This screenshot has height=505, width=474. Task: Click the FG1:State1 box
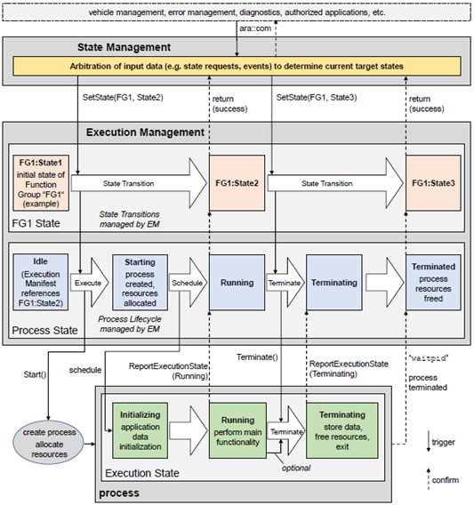click(41, 183)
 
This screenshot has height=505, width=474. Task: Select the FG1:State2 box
click(237, 183)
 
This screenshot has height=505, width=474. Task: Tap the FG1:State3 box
click(433, 183)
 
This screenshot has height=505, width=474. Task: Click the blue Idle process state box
click(41, 282)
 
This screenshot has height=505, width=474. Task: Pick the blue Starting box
click(140, 283)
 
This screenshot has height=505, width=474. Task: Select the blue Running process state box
click(237, 283)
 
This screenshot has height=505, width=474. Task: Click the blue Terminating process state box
click(334, 283)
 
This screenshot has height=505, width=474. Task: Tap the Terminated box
click(433, 283)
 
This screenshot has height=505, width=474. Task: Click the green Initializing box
click(140, 430)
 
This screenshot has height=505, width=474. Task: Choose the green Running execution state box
click(237, 430)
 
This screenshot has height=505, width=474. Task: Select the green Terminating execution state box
click(342, 430)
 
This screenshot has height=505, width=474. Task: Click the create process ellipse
click(49, 443)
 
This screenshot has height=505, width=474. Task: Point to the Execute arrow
click(90, 283)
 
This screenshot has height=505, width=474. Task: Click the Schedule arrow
click(189, 283)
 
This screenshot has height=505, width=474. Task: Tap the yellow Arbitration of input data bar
click(237, 67)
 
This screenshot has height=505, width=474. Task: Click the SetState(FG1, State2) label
click(123, 97)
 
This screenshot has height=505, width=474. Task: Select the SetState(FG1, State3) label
click(317, 97)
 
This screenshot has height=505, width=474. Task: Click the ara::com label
click(255, 28)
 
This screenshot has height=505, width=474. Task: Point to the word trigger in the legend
click(444, 442)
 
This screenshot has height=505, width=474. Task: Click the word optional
click(296, 468)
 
